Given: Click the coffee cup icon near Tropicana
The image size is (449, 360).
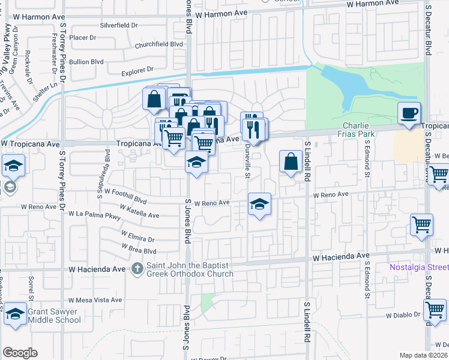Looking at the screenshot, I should tap(409, 113).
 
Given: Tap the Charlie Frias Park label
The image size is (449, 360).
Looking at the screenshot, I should tap(358, 130).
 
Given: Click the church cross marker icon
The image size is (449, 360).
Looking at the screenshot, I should tap(137, 268).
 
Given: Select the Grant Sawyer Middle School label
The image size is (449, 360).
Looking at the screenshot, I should tap(53, 316).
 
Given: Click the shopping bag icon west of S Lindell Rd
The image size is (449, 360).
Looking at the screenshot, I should tap(291, 161).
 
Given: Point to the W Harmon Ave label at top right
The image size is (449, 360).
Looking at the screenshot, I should tap(372, 4).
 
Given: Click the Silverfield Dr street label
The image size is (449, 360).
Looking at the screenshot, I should tap(119, 26).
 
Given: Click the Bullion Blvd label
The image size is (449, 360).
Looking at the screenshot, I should tap(87, 62).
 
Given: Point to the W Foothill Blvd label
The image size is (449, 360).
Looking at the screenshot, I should tap(125, 195).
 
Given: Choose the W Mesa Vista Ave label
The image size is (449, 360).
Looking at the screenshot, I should tap(95, 300).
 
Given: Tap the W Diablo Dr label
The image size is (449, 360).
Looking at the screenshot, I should tap(405, 315).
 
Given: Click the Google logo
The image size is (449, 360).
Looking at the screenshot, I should tap(20, 353).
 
